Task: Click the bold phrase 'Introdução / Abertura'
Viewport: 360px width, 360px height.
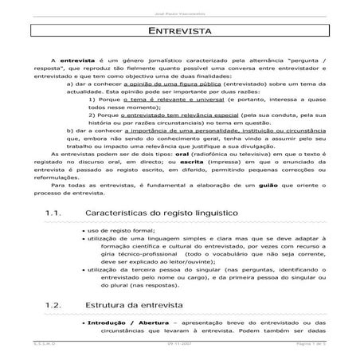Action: point(122,323)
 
